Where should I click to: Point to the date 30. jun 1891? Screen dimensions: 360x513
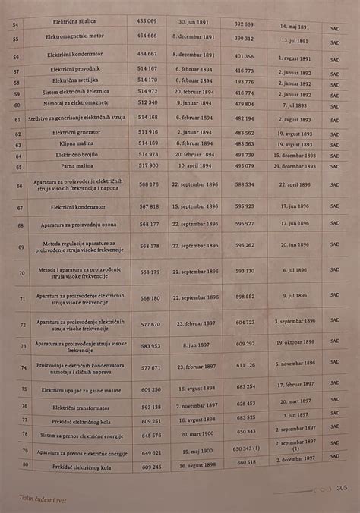coord(194,24)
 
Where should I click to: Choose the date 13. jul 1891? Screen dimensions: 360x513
coord(295,39)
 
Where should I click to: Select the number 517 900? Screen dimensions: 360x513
coord(149,165)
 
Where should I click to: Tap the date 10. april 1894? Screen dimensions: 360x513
coord(194,165)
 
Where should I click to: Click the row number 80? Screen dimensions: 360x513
coord(24,464)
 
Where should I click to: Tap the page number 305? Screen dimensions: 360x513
coord(341,488)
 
